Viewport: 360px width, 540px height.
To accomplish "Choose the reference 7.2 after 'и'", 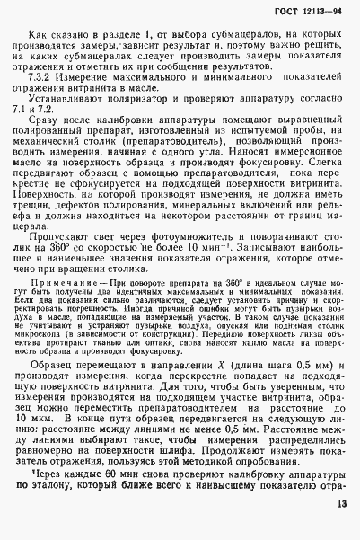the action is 63,132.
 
